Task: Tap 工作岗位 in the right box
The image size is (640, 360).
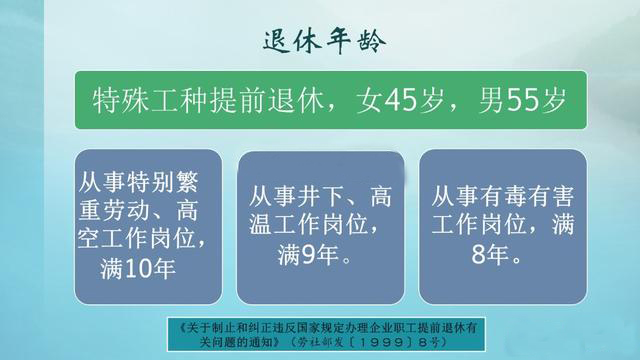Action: coord(481,225)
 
